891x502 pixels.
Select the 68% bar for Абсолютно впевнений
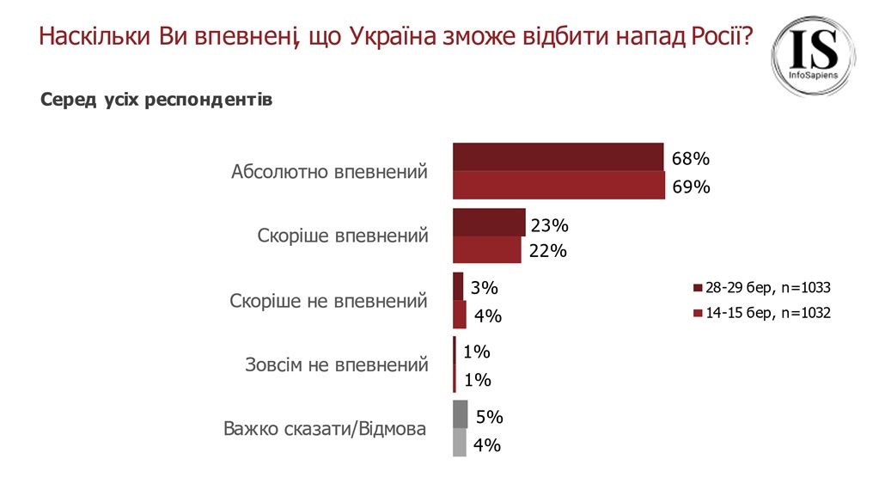pyautogui.click(x=558, y=157)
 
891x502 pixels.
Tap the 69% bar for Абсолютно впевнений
pyautogui.click(x=558, y=185)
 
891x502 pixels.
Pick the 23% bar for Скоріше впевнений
pyautogui.click(x=488, y=223)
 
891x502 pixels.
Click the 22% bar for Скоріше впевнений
pyautogui.click(x=486, y=249)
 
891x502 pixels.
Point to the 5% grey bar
pyautogui.click(x=460, y=414)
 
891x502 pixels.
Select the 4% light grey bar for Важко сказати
pyautogui.click(x=459, y=443)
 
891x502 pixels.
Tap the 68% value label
pyautogui.click(x=690, y=159)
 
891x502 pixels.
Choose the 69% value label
pyautogui.click(x=691, y=187)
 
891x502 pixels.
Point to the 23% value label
pyautogui.click(x=550, y=226)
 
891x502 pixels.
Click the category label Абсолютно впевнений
pyautogui.click(x=329, y=172)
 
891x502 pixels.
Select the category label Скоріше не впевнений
pyautogui.click(x=328, y=302)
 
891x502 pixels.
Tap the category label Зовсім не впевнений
pyautogui.click(x=335, y=364)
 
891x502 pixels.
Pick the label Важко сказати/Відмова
pyautogui.click(x=324, y=428)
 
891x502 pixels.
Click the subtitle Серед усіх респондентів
pyautogui.click(x=156, y=101)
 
